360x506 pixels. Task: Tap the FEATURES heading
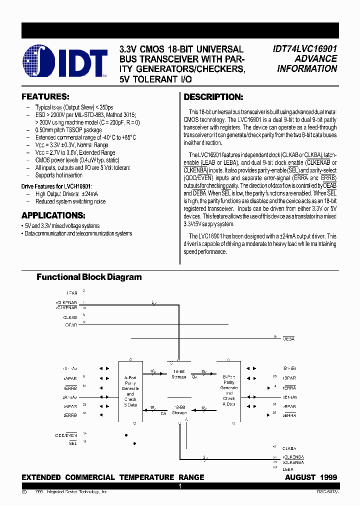[45, 96]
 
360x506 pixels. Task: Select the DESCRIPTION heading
[213, 97]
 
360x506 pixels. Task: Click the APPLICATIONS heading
[53, 215]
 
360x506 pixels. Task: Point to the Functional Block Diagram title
[89, 277]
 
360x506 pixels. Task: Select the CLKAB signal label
[70, 317]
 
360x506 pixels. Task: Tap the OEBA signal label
[289, 339]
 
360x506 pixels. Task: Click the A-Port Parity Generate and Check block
[130, 391]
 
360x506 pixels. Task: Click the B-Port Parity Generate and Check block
[228, 391]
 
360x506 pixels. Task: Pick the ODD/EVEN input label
[66, 435]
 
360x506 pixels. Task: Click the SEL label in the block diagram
[73, 443]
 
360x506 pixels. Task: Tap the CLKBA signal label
[292, 448]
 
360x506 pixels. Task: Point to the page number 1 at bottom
[180, 486]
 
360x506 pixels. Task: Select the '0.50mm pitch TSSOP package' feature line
[68, 129]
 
